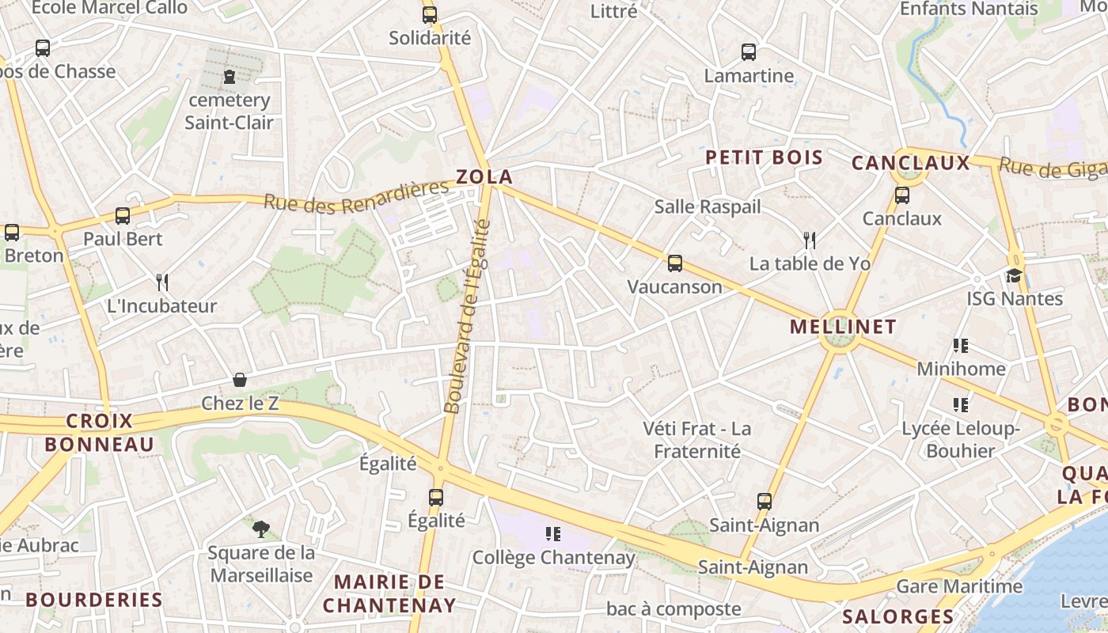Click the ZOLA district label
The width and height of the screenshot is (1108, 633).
coord(484,177)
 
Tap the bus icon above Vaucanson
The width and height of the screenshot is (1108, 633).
coord(674,263)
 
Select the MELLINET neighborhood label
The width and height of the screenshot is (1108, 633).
coord(843,327)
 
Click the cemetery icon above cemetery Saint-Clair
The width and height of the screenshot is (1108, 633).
coord(230,77)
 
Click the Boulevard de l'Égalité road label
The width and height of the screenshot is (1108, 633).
coord(468,316)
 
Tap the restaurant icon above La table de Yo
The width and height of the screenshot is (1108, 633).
coord(809,240)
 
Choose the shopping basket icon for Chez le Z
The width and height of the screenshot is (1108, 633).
coord(240,381)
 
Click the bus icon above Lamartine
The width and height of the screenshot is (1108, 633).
coord(749,52)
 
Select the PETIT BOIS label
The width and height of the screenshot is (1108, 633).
coord(764,157)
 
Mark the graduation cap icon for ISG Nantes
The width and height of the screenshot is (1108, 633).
coord(1014,275)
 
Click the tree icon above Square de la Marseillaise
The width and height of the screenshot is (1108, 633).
coord(260,529)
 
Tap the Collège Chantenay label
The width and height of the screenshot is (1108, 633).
coord(553,558)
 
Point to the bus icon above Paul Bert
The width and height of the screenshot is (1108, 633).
coord(123,215)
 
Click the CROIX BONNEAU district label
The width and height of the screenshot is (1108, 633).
coord(99,433)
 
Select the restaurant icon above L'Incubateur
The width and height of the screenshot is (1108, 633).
coord(162,282)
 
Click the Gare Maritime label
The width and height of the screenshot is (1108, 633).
coord(958,587)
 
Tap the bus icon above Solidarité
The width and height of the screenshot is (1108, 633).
coord(430,14)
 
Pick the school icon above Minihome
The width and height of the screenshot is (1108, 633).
coord(961,345)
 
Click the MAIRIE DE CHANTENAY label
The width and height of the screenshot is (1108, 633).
coord(389,594)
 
